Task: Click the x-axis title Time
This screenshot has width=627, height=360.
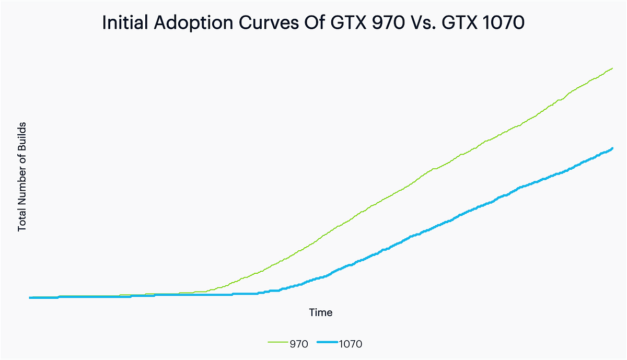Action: (320, 313)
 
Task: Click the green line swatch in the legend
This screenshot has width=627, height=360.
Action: (277, 343)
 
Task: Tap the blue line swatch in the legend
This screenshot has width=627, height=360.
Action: (327, 343)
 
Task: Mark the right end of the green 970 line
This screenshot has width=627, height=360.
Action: (612, 68)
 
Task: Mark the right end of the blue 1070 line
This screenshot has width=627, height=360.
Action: (612, 148)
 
